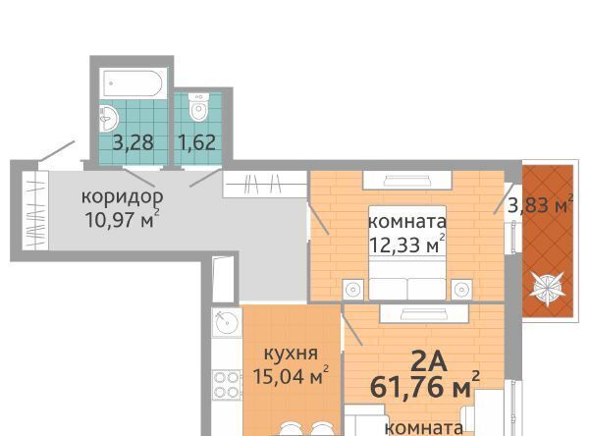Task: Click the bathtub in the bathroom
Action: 133,83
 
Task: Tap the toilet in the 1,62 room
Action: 198,107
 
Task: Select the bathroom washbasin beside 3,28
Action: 109,119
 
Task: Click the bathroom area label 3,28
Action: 134,142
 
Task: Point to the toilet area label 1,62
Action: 197,142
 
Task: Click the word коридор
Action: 123,197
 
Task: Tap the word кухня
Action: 292,354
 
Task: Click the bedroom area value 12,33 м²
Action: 407,245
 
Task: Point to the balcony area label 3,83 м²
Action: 540,205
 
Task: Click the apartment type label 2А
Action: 429,362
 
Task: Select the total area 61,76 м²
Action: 425,387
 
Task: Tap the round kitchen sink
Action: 227,322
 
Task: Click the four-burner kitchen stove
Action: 227,385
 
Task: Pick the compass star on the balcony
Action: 547,289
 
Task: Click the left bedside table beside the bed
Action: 353,290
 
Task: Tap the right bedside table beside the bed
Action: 461,290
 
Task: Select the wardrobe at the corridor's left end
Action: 35,210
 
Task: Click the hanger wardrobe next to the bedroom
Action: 265,184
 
